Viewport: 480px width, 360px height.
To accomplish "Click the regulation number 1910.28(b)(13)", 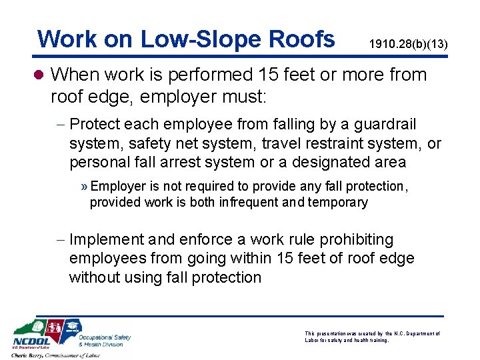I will tap(408, 44).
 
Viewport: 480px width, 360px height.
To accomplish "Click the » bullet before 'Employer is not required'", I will tap(85, 187).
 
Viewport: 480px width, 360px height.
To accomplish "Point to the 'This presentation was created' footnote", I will tap(372, 337).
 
